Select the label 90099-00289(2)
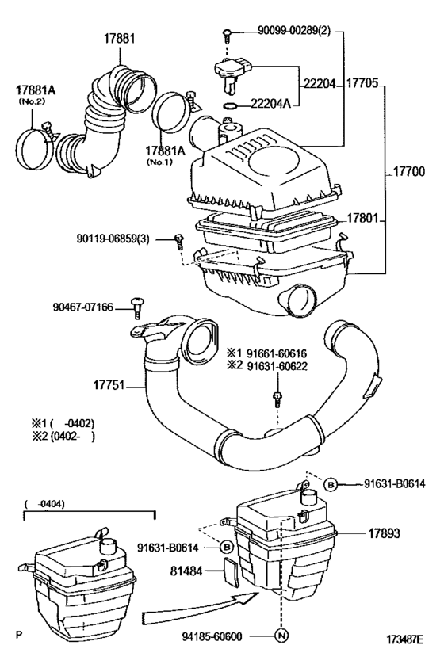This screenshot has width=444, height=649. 288,32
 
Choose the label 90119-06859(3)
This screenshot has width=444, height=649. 123,238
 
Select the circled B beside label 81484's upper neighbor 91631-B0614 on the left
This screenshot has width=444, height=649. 226,547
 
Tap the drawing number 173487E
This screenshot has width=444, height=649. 404,637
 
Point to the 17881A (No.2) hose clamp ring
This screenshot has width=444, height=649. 34,140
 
